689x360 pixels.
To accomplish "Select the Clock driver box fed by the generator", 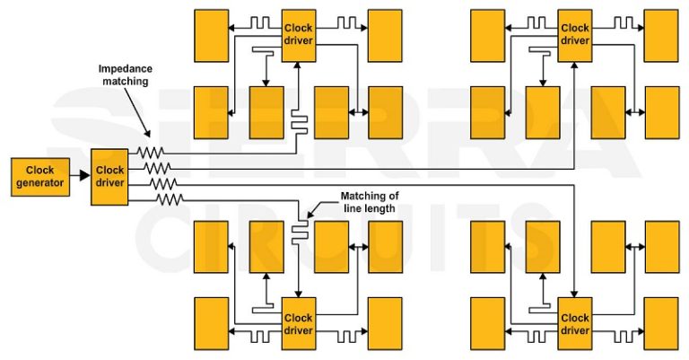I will pyautogui.click(x=110, y=176).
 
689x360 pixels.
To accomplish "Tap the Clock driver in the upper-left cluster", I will pyautogui.click(x=299, y=34).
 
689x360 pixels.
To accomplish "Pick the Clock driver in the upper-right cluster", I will pyautogui.click(x=575, y=34).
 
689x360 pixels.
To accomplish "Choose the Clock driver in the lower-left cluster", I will pyautogui.click(x=299, y=324).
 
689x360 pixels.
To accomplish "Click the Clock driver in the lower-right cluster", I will pyautogui.click(x=575, y=324).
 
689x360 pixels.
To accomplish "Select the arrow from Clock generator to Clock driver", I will pyautogui.click(x=82, y=176).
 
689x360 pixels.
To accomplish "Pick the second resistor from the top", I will pyautogui.click(x=158, y=168).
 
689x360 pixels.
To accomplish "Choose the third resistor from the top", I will pyautogui.click(x=162, y=183).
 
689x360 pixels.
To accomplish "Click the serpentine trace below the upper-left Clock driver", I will pyautogui.click(x=299, y=124).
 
